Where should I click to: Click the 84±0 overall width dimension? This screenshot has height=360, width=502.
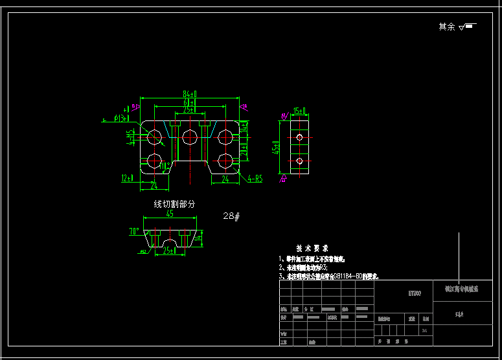[x=190, y=95]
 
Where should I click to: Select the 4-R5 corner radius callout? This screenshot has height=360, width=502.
[x=255, y=179]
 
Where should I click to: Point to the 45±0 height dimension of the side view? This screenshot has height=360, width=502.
[x=277, y=148]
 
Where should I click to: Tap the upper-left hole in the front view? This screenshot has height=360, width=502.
[x=155, y=137]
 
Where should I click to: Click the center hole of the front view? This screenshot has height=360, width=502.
[x=190, y=137]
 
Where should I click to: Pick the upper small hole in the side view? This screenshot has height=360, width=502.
[x=299, y=137]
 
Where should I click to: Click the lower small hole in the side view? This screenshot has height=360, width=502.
[x=299, y=161]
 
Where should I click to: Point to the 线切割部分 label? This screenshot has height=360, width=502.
[x=174, y=204]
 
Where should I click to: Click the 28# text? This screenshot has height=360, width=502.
[x=231, y=216]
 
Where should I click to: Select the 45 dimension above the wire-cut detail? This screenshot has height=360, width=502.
[x=170, y=214]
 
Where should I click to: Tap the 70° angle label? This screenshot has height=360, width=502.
[x=134, y=231]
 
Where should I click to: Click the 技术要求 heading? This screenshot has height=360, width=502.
[x=312, y=248]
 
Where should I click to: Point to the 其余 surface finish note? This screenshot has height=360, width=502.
[x=447, y=27]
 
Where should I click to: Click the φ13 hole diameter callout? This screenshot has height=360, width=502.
[x=120, y=118]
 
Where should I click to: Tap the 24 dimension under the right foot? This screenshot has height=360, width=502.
[x=225, y=179]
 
